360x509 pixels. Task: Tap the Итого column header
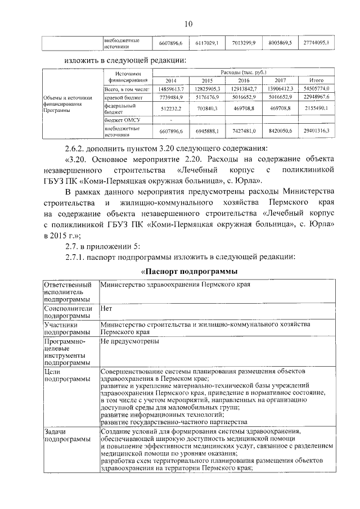tap(316, 80)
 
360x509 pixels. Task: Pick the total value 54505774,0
tap(316, 89)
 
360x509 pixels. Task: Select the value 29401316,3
tap(316, 131)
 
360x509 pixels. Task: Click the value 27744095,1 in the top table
tap(316, 43)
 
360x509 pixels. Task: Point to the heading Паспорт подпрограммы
tap(189, 272)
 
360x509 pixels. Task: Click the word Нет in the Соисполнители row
tap(106, 309)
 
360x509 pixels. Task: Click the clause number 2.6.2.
tap(76, 148)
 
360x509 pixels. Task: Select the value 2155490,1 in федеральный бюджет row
tap(316, 108)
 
